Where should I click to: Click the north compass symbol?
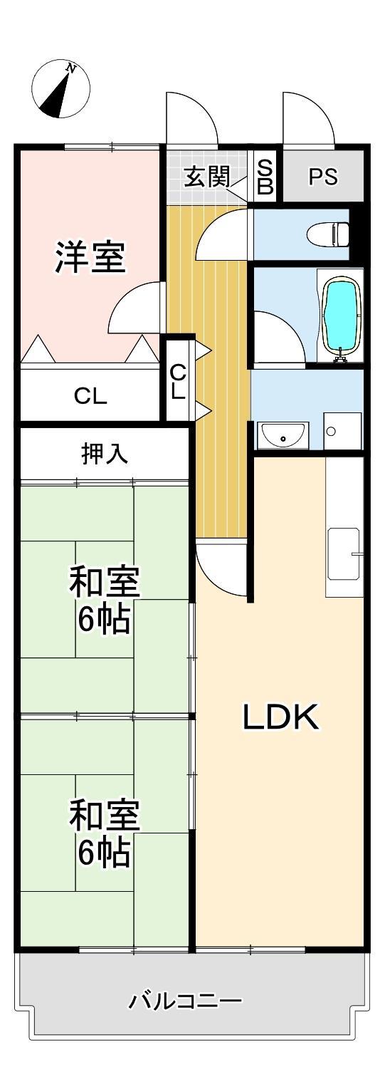[x=60, y=90]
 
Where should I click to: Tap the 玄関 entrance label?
[x=207, y=177]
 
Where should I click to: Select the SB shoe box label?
[x=265, y=177]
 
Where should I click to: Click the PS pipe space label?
[x=323, y=177]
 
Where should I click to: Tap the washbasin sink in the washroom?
[x=283, y=435]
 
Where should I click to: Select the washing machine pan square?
[x=342, y=430]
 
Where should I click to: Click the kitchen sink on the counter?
[x=343, y=553]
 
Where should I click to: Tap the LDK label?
[x=281, y=717]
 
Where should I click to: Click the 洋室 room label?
[x=90, y=256]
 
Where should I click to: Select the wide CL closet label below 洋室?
[x=90, y=397]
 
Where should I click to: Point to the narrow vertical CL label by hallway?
[x=178, y=381]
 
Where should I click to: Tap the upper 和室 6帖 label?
[x=104, y=600]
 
